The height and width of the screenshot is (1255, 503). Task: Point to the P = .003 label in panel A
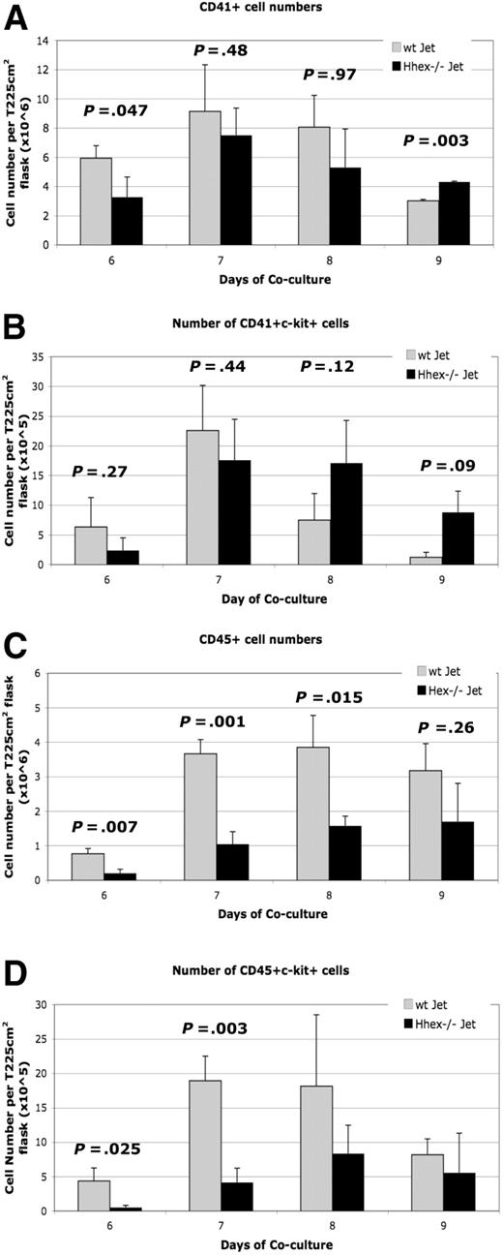pyautogui.click(x=428, y=140)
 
